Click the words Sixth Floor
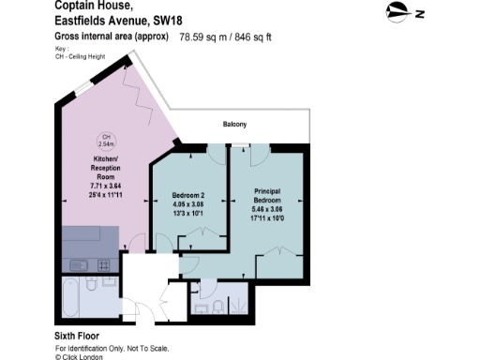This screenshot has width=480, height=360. point(78,335)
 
